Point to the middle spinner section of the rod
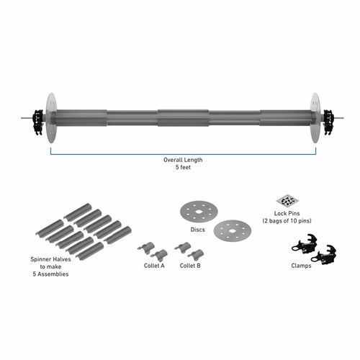tap(180, 116)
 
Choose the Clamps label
tap(312, 264)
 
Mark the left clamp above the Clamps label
tap(302, 243)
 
